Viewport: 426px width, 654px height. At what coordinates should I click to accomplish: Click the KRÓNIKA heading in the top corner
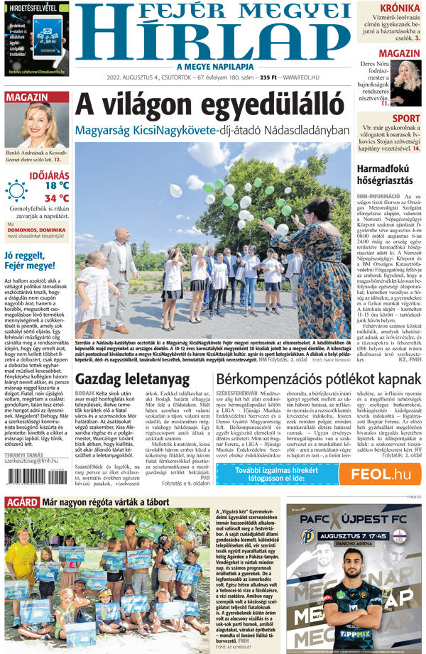(398, 9)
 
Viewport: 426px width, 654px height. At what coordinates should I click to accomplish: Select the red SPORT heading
(405, 119)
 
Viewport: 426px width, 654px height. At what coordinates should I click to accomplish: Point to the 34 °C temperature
(57, 198)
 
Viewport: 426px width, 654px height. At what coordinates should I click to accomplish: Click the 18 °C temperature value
(57, 185)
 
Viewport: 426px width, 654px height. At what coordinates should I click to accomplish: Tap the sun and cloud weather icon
(18, 191)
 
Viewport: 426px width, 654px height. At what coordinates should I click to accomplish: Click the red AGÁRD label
(21, 503)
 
